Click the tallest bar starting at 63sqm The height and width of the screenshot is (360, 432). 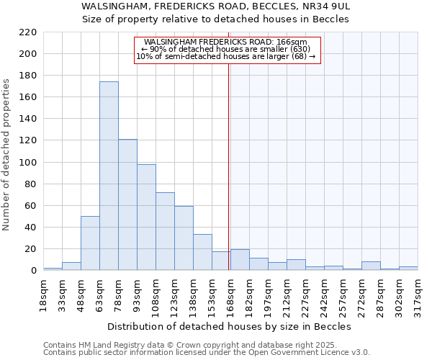(109, 176)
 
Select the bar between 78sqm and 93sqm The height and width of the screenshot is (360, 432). (127, 205)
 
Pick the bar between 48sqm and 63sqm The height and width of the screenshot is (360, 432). (90, 243)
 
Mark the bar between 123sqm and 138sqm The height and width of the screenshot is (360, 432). (184, 238)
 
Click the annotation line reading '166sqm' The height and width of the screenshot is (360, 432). (226, 42)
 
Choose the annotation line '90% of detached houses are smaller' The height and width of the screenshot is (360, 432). (226, 49)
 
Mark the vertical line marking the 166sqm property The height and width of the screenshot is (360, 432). (229, 180)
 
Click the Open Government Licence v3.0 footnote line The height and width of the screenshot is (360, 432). (207, 352)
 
